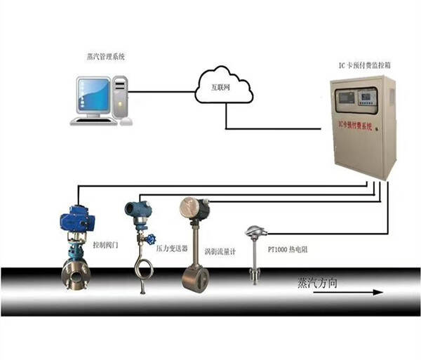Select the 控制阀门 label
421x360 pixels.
tap(106, 247)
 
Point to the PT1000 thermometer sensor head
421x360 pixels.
tap(251, 231)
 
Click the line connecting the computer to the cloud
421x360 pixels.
tap(161, 91)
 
